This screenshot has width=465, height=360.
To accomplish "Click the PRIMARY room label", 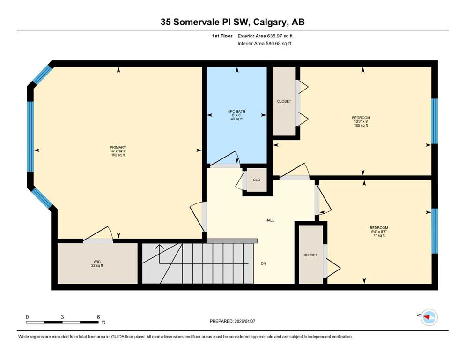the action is [118, 147].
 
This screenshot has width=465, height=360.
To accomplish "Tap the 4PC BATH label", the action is [236, 111].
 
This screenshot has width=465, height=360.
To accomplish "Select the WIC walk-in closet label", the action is [97, 262].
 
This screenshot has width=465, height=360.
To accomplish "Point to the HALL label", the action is [270, 220].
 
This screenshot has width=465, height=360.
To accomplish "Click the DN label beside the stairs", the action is [263, 263].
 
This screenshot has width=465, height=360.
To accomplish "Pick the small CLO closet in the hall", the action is [257, 180].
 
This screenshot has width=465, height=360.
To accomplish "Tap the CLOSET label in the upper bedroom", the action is [284, 101].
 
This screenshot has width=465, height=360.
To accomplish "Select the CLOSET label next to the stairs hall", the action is [310, 255].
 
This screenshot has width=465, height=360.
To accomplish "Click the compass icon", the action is [429, 317].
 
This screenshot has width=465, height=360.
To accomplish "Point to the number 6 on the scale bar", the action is [98, 317].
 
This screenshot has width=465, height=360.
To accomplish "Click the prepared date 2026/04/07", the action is [244, 321].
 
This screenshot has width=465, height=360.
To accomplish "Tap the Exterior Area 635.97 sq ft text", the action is [265, 36].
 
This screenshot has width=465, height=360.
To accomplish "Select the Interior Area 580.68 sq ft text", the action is [264, 43].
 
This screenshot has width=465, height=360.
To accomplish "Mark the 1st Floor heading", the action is [222, 36].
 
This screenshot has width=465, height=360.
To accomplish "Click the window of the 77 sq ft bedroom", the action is [435, 231].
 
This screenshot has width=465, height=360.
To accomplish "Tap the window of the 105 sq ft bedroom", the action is [435, 121].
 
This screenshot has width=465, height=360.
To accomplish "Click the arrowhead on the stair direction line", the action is [160, 247].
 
